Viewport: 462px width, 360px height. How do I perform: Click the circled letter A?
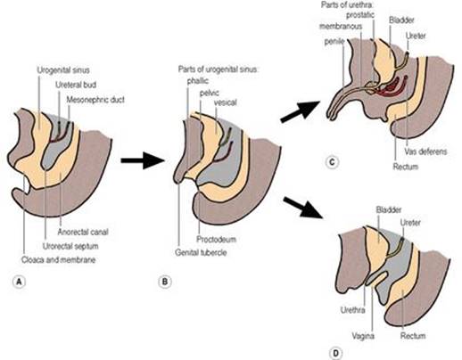[x=20, y=282]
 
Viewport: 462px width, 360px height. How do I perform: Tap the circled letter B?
[x=165, y=282]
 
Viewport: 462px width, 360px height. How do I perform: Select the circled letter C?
[x=332, y=162]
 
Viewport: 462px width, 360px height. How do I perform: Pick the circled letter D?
[x=335, y=354]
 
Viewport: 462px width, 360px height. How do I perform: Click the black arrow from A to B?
[x=143, y=160]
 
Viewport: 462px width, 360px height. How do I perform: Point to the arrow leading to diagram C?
[x=301, y=111]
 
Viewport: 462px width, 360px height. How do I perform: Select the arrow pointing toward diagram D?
[x=303, y=208]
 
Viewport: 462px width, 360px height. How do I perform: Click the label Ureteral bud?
[x=76, y=85]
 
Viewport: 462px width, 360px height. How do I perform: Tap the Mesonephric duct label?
[x=95, y=100]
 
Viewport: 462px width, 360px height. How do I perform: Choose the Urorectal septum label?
[x=70, y=246]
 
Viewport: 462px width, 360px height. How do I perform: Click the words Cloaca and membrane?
[x=58, y=260]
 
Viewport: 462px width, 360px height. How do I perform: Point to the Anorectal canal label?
[x=83, y=232]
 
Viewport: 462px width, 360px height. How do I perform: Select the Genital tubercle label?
[x=201, y=253]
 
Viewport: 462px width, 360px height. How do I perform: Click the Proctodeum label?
[x=216, y=239]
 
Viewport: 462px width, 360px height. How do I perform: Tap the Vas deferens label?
[x=425, y=151]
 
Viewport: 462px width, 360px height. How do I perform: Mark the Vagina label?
[x=363, y=336]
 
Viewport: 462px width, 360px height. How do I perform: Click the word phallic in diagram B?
[x=198, y=81]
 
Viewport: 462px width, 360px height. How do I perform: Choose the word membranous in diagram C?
[x=341, y=26]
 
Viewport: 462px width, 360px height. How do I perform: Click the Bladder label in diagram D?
[x=389, y=209]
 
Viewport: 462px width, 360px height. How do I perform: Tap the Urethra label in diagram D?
[x=353, y=310]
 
